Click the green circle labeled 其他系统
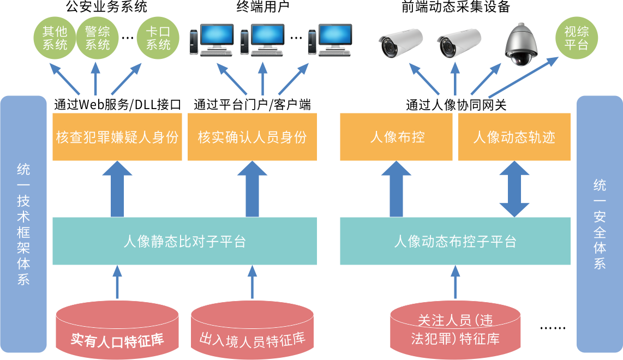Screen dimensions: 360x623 point(55,38)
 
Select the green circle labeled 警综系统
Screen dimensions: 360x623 point(97,38)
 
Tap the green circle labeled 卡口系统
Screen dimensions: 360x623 point(158,38)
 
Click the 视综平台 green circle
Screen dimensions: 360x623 point(576,38)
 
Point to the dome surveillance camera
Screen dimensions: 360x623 point(521,44)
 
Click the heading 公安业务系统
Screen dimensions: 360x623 point(106,7)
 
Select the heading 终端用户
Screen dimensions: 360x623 point(262,7)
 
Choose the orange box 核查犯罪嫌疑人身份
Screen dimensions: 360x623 point(117,137)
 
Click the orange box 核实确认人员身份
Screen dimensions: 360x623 point(252,137)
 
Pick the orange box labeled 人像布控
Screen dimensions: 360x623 point(397,137)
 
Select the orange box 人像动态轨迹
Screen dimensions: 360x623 point(514,137)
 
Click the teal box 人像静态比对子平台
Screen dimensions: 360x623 point(184,241)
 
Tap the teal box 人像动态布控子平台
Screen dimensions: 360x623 point(455,241)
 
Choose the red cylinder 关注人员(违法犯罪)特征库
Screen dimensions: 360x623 point(455,330)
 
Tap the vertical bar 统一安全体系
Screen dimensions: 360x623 point(600,224)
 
